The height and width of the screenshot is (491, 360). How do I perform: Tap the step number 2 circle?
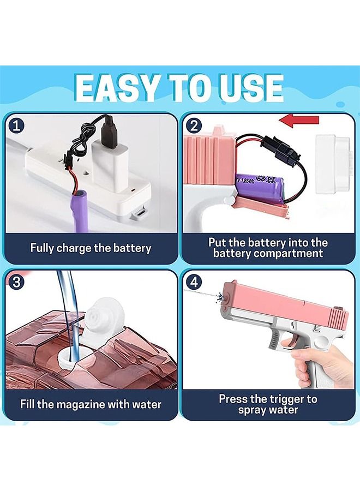[194, 126]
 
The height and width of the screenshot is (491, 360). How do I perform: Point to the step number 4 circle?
[194, 282]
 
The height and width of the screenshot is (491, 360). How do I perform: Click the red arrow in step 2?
[299, 121]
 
